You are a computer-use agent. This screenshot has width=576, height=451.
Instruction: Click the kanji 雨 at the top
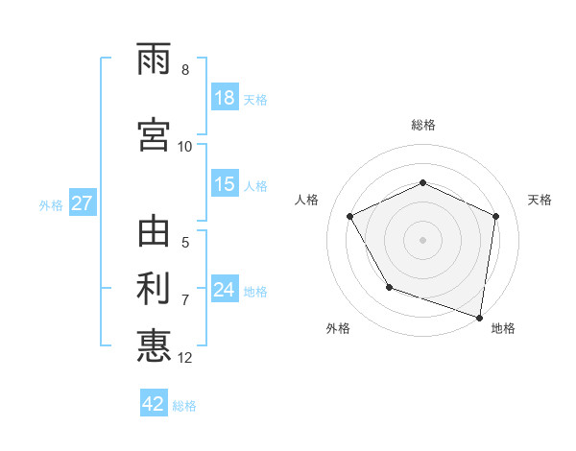pyautogui.click(x=154, y=61)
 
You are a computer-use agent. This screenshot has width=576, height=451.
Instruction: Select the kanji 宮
pyautogui.click(x=154, y=133)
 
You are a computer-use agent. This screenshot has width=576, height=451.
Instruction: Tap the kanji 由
pyautogui.click(x=154, y=233)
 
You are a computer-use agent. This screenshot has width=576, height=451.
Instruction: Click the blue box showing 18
pyautogui.click(x=225, y=98)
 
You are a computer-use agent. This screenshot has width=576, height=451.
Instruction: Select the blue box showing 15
pyautogui.click(x=225, y=184)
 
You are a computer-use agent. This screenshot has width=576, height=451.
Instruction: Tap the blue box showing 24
pyautogui.click(x=225, y=290)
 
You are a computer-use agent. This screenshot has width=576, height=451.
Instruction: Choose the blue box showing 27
pyautogui.click(x=82, y=203)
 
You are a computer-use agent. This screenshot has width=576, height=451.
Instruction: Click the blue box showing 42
pyautogui.click(x=154, y=404)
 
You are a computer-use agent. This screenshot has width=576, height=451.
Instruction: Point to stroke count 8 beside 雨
pyautogui.click(x=185, y=70)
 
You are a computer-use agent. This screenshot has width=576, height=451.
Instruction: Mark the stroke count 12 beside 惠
pyautogui.click(x=186, y=358)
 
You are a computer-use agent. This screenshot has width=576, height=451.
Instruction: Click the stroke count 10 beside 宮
pyautogui.click(x=185, y=146)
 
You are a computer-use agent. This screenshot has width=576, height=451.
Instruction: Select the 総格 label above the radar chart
pyautogui.click(x=423, y=125)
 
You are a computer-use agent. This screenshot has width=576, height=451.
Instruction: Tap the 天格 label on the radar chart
pyautogui.click(x=540, y=200)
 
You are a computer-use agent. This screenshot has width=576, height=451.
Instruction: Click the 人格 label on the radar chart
pyautogui.click(x=307, y=200)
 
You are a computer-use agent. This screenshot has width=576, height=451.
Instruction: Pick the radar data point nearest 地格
pyautogui.click(x=480, y=317)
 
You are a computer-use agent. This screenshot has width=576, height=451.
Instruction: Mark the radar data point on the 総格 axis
pyautogui.click(x=423, y=182)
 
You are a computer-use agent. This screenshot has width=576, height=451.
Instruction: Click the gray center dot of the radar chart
pyautogui.click(x=423, y=240)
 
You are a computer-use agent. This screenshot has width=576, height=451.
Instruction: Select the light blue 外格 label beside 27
pyautogui.click(x=50, y=204)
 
